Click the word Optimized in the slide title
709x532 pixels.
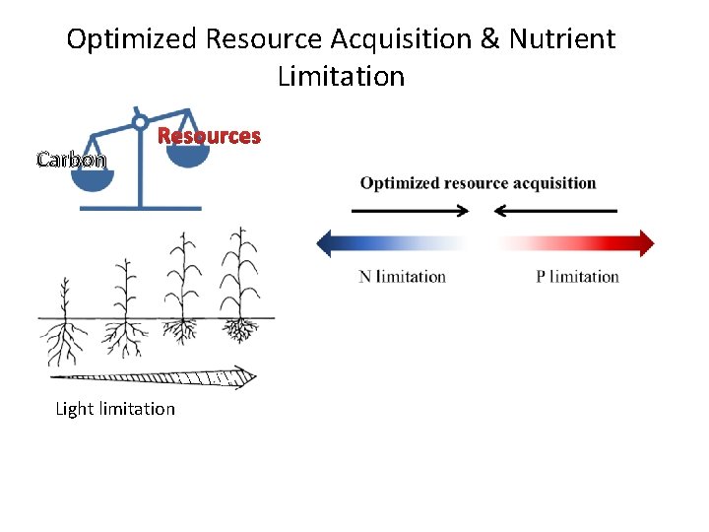click(133, 39)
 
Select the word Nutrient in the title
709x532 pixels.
click(562, 39)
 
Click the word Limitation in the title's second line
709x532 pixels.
click(341, 76)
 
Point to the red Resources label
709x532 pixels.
click(210, 136)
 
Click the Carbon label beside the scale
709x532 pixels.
click(71, 159)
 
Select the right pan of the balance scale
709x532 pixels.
click(187, 154)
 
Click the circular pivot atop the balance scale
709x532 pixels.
click(140, 123)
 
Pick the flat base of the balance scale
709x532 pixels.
click(139, 208)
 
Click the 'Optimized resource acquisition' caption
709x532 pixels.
click(478, 183)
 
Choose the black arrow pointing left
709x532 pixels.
click(555, 210)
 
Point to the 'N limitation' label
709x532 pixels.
click(402, 277)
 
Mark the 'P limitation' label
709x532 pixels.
click(577, 277)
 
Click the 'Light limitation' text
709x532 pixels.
click(115, 409)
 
